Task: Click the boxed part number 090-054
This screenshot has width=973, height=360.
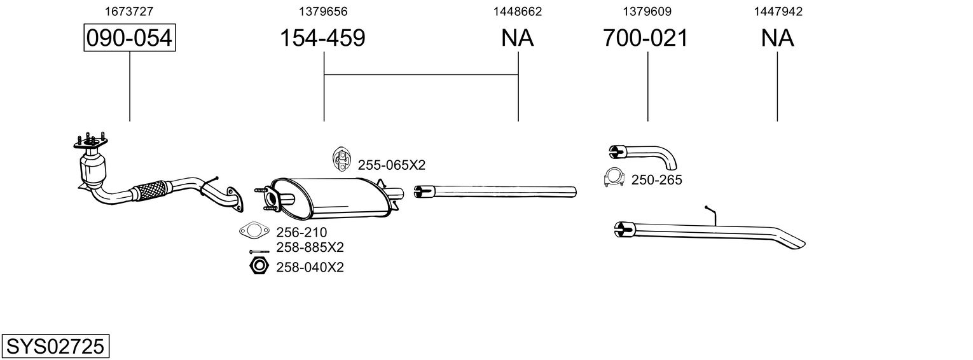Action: click(130, 38)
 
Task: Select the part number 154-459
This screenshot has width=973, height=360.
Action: click(323, 38)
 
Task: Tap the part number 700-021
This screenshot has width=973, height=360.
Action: click(645, 38)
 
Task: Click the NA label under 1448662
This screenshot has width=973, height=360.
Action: click(518, 38)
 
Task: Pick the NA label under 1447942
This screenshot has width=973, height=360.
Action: click(777, 38)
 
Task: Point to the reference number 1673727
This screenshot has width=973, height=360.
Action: click(129, 11)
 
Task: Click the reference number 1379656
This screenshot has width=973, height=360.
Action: click(324, 11)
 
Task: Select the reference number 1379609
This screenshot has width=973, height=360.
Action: click(647, 11)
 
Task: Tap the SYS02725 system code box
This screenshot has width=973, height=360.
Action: click(55, 347)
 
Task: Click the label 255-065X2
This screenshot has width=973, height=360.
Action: click(391, 165)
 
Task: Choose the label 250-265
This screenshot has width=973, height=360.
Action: click(656, 181)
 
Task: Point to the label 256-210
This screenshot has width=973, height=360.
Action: click(301, 233)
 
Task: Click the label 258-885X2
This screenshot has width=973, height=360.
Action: click(310, 247)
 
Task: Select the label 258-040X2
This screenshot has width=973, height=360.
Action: click(310, 267)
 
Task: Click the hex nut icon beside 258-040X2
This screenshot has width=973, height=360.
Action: click(258, 266)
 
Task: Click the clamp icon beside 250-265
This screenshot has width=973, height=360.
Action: click(614, 179)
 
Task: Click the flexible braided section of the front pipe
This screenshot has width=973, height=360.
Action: click(151, 190)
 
